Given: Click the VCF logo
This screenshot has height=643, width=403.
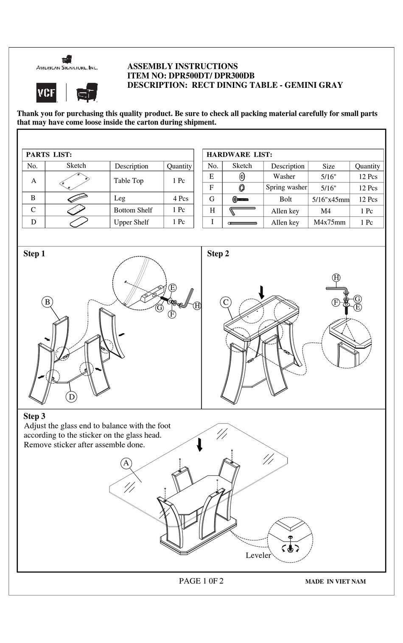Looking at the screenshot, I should coord(46,92).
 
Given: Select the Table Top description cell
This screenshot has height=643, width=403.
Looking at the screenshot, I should coord(129,181).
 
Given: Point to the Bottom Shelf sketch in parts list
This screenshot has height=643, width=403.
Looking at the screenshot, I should coord(76,210).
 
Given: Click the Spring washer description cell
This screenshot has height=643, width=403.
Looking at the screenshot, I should coord(286,187).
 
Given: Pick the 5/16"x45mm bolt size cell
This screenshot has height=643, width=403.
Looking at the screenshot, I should coord(330,199).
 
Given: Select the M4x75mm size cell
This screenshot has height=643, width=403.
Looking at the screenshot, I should coord(329,222).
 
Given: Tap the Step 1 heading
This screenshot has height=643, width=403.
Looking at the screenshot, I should coord(34,254).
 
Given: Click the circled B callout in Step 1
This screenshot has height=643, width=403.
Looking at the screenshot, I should coord(48,302).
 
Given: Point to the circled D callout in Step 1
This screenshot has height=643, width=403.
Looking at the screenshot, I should coord(72,397).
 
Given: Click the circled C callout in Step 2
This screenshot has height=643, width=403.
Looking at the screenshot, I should coord(226,302).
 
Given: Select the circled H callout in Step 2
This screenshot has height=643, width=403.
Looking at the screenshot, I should coord(336,278).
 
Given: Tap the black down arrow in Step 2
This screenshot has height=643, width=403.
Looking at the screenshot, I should coord(262,292).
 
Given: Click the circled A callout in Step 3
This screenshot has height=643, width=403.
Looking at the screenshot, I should coord(126,463).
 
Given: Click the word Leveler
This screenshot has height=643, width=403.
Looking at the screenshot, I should coord(258,555).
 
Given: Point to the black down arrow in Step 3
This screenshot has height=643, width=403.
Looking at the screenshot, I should coord(199,444).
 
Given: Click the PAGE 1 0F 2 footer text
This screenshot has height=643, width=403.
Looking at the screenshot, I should coord(201,581).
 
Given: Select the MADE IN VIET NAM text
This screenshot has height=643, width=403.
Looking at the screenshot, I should coord(335,581).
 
